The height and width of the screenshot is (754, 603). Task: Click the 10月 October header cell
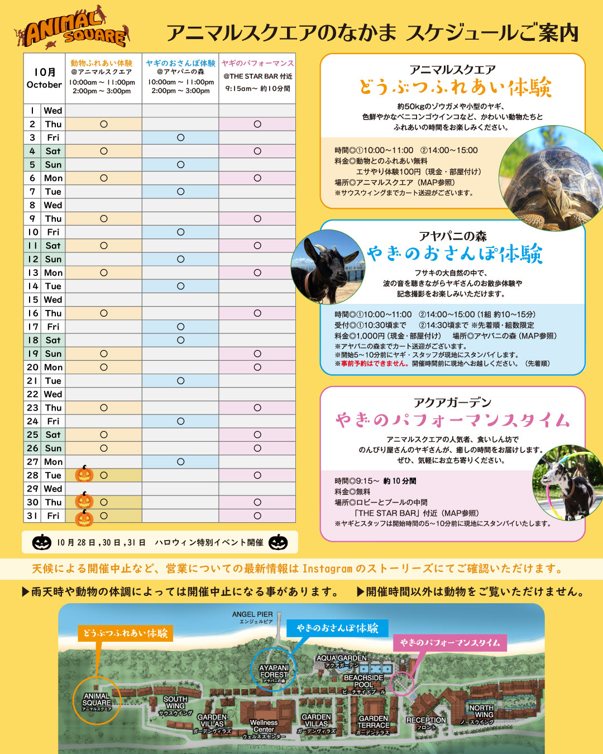tap(44, 78)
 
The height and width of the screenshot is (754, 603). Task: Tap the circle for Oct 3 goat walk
tap(180, 137)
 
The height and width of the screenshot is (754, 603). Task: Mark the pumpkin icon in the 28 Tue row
tap(84, 474)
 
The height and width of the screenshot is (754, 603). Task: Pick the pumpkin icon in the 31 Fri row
tap(84, 518)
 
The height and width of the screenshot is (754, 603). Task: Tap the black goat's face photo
tap(327, 267)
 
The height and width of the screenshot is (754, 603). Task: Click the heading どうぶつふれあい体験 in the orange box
tap(455, 88)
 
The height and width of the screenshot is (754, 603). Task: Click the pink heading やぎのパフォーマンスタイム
tap(452, 420)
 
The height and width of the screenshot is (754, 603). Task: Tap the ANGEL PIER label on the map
tap(252, 614)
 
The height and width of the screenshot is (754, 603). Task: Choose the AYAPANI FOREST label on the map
tap(274, 671)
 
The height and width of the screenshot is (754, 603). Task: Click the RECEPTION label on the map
tap(426, 720)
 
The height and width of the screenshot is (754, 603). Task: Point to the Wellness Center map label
tap(264, 726)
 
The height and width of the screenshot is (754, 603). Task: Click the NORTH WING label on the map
tap(481, 711)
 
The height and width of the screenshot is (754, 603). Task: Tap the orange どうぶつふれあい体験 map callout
tap(125, 633)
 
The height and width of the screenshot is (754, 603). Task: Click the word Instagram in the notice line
tap(327, 569)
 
